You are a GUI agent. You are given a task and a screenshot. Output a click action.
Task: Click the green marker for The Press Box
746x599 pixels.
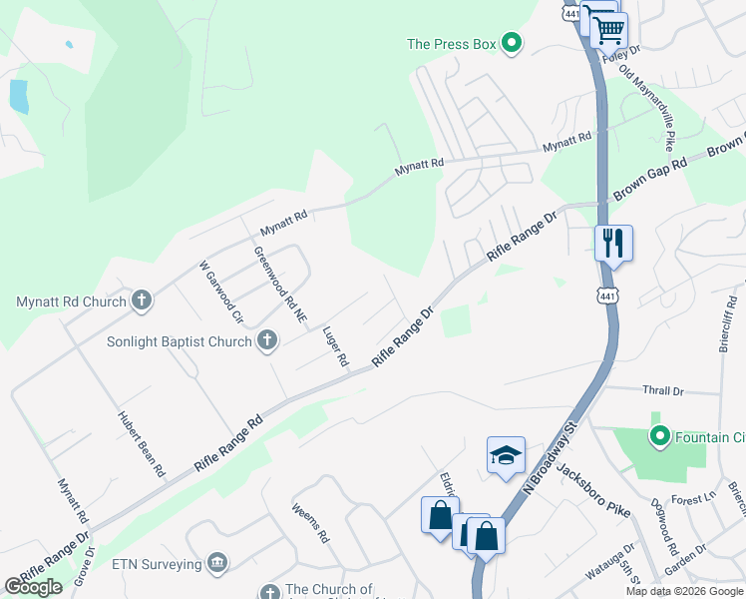[513, 43]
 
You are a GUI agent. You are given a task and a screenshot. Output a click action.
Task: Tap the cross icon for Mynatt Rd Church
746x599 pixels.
[142, 300]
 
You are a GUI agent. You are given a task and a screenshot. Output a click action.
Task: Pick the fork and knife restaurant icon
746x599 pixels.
[613, 243]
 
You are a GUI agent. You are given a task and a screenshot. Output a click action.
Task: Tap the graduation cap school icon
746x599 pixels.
[506, 455]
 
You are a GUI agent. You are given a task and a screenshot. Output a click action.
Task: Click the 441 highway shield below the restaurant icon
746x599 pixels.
[607, 296]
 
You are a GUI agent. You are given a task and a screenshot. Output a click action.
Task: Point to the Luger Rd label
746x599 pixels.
[335, 344]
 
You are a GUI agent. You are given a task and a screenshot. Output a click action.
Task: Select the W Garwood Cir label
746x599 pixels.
[220, 293]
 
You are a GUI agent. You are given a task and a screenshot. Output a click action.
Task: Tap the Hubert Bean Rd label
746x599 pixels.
[141, 443]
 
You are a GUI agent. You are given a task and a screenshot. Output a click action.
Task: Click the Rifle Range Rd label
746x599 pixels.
[228, 444]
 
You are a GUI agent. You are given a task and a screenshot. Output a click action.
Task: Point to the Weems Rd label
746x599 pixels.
[310, 521]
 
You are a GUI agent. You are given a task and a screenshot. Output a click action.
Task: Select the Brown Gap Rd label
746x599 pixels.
[651, 177]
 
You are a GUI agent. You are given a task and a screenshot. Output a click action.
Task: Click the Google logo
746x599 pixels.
[33, 587]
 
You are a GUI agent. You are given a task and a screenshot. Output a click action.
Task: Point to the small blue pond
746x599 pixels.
[18, 96]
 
